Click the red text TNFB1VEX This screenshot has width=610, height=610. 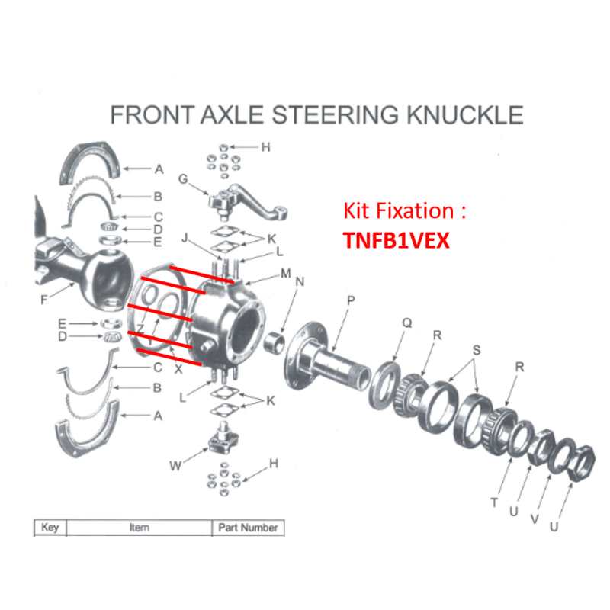(x=396, y=240)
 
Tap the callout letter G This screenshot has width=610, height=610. (x=183, y=179)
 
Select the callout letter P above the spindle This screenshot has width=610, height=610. (x=350, y=300)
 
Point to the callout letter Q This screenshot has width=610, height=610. (x=406, y=323)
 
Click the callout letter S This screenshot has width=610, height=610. (x=477, y=350)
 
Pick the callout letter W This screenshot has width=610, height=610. (x=175, y=465)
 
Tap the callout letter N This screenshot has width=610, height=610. (x=300, y=282)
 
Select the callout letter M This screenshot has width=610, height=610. (x=285, y=273)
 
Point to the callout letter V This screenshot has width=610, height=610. (x=535, y=518)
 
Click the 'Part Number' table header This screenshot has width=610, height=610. (x=248, y=528)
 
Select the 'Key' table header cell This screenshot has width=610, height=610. (x=50, y=528)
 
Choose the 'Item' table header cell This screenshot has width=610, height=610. (x=140, y=528)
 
